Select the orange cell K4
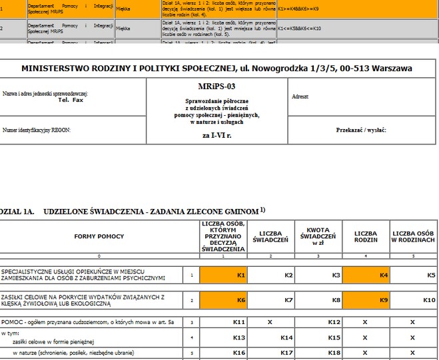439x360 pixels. pos(365,274)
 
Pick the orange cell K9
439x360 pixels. pos(365,300)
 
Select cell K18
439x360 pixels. pos(318,352)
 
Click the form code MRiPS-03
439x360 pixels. pos(217,87)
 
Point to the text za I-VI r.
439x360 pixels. pos(217,134)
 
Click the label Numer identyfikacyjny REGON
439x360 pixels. pos(37,130)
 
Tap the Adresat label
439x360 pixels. pos(300,96)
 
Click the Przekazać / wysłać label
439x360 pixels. pos(362,130)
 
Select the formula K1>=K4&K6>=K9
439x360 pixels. pos(303,9)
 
